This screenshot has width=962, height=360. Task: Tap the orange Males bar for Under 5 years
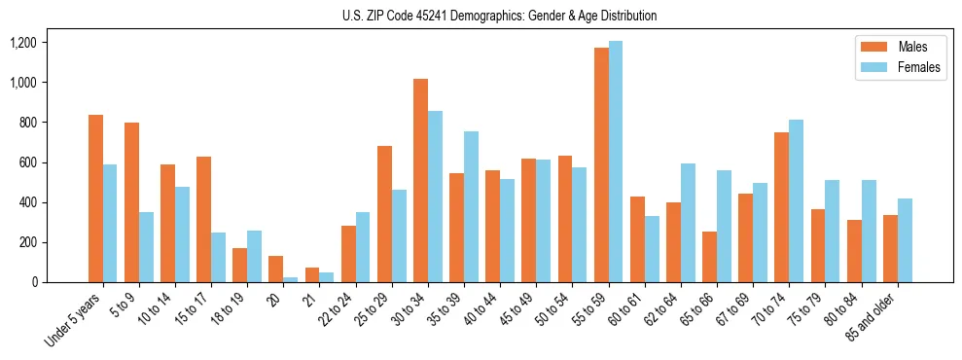pyautogui.click(x=95, y=198)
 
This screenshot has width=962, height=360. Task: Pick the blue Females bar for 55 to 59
pyautogui.click(x=616, y=162)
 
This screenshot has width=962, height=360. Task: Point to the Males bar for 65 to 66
pyautogui.click(x=709, y=257)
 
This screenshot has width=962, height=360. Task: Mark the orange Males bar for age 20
pyautogui.click(x=276, y=270)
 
